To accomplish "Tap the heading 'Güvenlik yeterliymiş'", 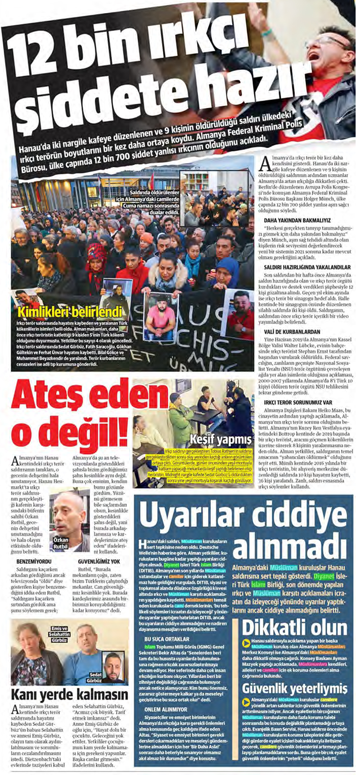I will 295,688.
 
